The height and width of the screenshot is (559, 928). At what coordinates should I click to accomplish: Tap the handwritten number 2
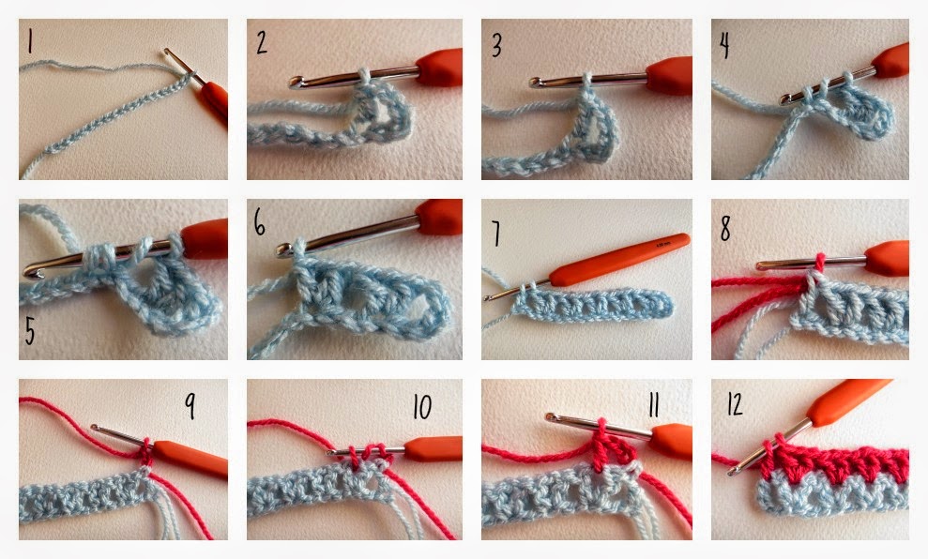tap(262, 42)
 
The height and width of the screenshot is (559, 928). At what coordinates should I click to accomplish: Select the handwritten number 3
tap(496, 45)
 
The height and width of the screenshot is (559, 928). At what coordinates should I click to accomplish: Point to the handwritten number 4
tap(723, 46)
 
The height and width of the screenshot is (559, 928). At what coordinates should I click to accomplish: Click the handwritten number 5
tap(30, 331)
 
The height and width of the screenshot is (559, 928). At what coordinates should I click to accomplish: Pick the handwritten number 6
tap(259, 222)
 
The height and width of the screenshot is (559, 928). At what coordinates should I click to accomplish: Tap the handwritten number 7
tap(496, 234)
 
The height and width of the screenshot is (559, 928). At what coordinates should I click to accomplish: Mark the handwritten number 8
tap(725, 228)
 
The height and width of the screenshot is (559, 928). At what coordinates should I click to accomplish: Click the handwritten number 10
tap(422, 406)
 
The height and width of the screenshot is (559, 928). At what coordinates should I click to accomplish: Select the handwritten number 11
tap(653, 405)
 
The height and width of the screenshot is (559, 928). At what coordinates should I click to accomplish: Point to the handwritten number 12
tap(735, 404)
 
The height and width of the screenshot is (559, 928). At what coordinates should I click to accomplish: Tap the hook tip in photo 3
tap(535, 83)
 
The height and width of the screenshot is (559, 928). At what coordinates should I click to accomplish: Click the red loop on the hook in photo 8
tap(820, 264)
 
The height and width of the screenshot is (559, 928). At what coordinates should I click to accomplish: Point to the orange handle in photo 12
tap(847, 401)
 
